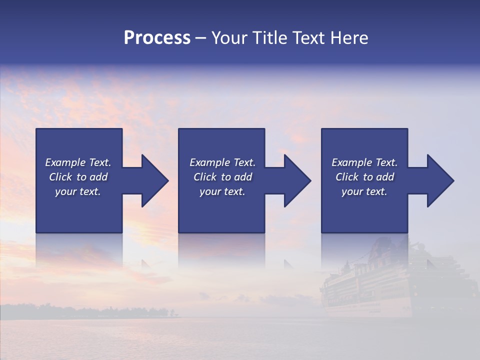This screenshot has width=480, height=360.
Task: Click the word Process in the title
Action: [157, 37]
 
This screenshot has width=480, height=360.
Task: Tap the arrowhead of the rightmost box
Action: [445, 180]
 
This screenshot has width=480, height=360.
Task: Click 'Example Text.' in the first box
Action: [78, 162]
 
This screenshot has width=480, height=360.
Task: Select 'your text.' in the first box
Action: [78, 191]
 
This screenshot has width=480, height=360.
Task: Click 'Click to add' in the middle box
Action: [222, 177]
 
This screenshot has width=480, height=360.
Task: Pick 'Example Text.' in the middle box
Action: [222, 162]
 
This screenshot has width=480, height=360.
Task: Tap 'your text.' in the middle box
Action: [222, 191]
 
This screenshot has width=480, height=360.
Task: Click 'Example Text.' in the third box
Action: [364, 162]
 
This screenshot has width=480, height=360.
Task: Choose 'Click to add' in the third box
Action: [364, 177]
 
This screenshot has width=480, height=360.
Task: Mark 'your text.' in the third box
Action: [364, 191]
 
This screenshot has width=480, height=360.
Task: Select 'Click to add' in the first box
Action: [78, 177]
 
